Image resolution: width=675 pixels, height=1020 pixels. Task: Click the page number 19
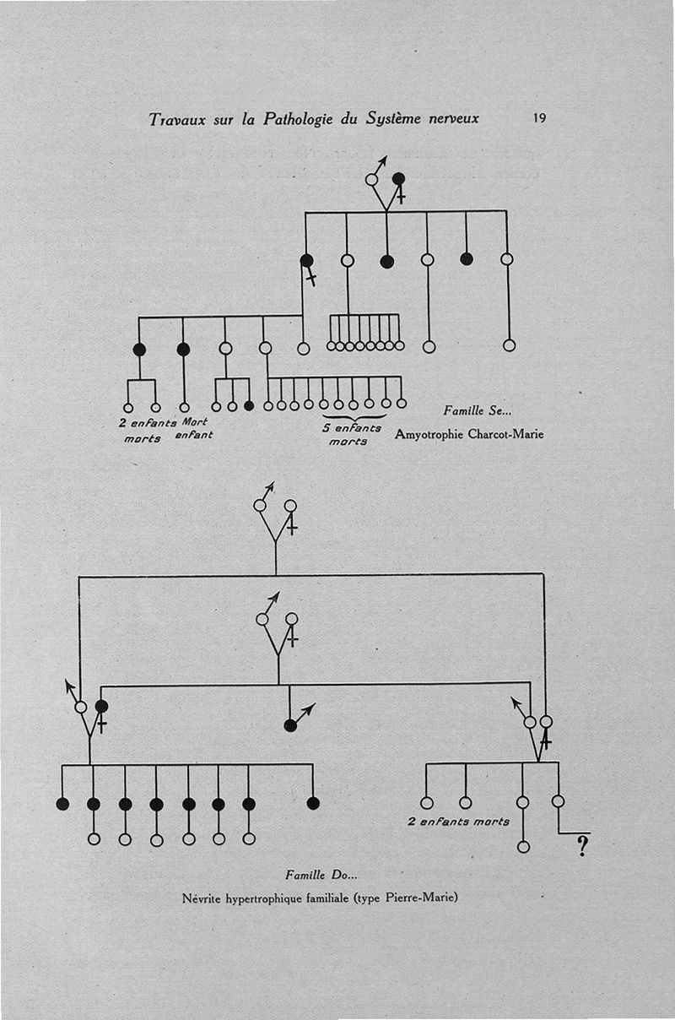coord(539,118)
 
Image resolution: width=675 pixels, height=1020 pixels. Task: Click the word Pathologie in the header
coord(300,119)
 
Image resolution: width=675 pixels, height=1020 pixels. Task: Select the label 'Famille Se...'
coord(478,411)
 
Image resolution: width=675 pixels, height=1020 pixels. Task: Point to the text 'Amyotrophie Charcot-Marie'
coord(469,435)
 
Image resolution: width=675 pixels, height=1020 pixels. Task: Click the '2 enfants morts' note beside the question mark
coord(459,821)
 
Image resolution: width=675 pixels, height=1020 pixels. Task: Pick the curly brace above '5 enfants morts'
coord(354,416)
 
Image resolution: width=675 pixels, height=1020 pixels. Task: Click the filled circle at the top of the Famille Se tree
coord(399,179)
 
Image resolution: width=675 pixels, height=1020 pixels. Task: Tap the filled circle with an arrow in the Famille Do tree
coord(290,724)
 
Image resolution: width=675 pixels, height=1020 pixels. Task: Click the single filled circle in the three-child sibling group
coord(248,406)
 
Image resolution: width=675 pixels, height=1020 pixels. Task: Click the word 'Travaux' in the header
coord(177,119)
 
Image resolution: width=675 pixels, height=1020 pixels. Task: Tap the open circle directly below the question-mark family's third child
coord(523,846)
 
